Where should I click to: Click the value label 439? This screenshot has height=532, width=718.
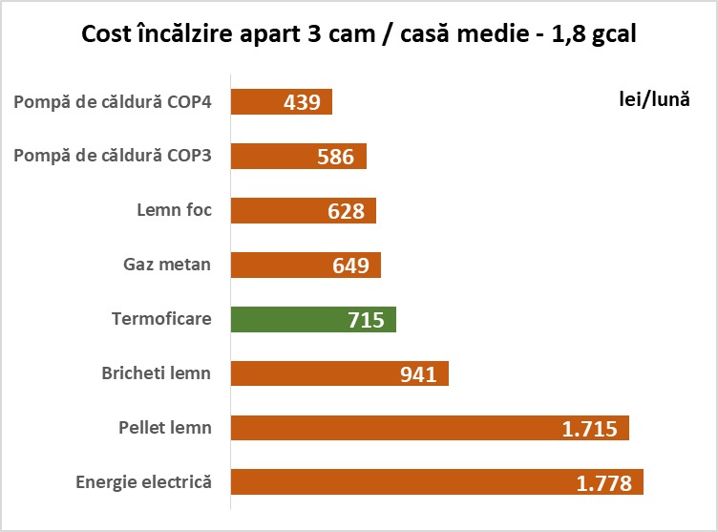coord(302,102)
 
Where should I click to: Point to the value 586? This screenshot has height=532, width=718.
coord(336,157)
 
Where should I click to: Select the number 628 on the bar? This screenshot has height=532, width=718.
coord(346,211)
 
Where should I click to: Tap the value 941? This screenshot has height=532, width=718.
coord(418,373)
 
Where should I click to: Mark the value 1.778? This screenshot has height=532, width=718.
coord(604,483)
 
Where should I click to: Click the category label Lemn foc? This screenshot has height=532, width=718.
coord(175,209)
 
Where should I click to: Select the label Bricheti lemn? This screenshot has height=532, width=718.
coord(157,372)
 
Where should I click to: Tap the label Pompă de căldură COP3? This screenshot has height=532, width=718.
coord(113,155)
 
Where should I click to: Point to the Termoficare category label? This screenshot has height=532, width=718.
coord(161,318)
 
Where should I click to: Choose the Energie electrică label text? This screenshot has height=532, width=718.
coord(143,481)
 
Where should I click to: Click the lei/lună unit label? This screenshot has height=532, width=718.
coord(653,99)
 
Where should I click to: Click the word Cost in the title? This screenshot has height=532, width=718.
coord(106,35)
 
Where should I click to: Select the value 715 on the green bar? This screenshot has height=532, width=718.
coord(366,320)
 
